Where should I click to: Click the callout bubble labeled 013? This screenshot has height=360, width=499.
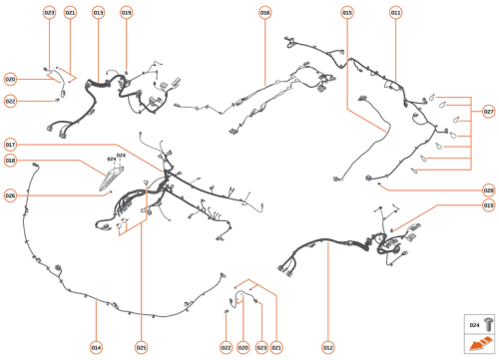(98, 13)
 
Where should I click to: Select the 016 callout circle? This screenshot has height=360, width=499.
(264, 13)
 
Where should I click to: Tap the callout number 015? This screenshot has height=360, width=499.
(347, 13)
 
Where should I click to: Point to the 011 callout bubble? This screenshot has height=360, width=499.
(395, 13)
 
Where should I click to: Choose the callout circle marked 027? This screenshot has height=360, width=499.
(489, 111)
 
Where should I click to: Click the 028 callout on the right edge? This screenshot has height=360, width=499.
(489, 189)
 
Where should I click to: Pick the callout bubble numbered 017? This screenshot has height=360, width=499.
(10, 143)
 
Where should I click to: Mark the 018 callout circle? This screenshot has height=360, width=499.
(10, 160)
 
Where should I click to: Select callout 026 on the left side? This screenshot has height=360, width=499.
(10, 194)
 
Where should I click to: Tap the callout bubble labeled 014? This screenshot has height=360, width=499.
(96, 347)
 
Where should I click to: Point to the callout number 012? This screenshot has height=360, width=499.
(327, 347)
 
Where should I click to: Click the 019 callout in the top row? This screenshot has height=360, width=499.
(126, 13)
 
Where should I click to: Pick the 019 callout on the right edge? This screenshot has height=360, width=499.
(489, 205)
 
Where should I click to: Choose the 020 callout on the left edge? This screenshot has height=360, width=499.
(10, 79)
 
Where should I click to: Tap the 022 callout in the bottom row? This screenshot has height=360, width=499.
(227, 347)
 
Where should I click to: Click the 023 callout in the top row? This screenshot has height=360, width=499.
(49, 13)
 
